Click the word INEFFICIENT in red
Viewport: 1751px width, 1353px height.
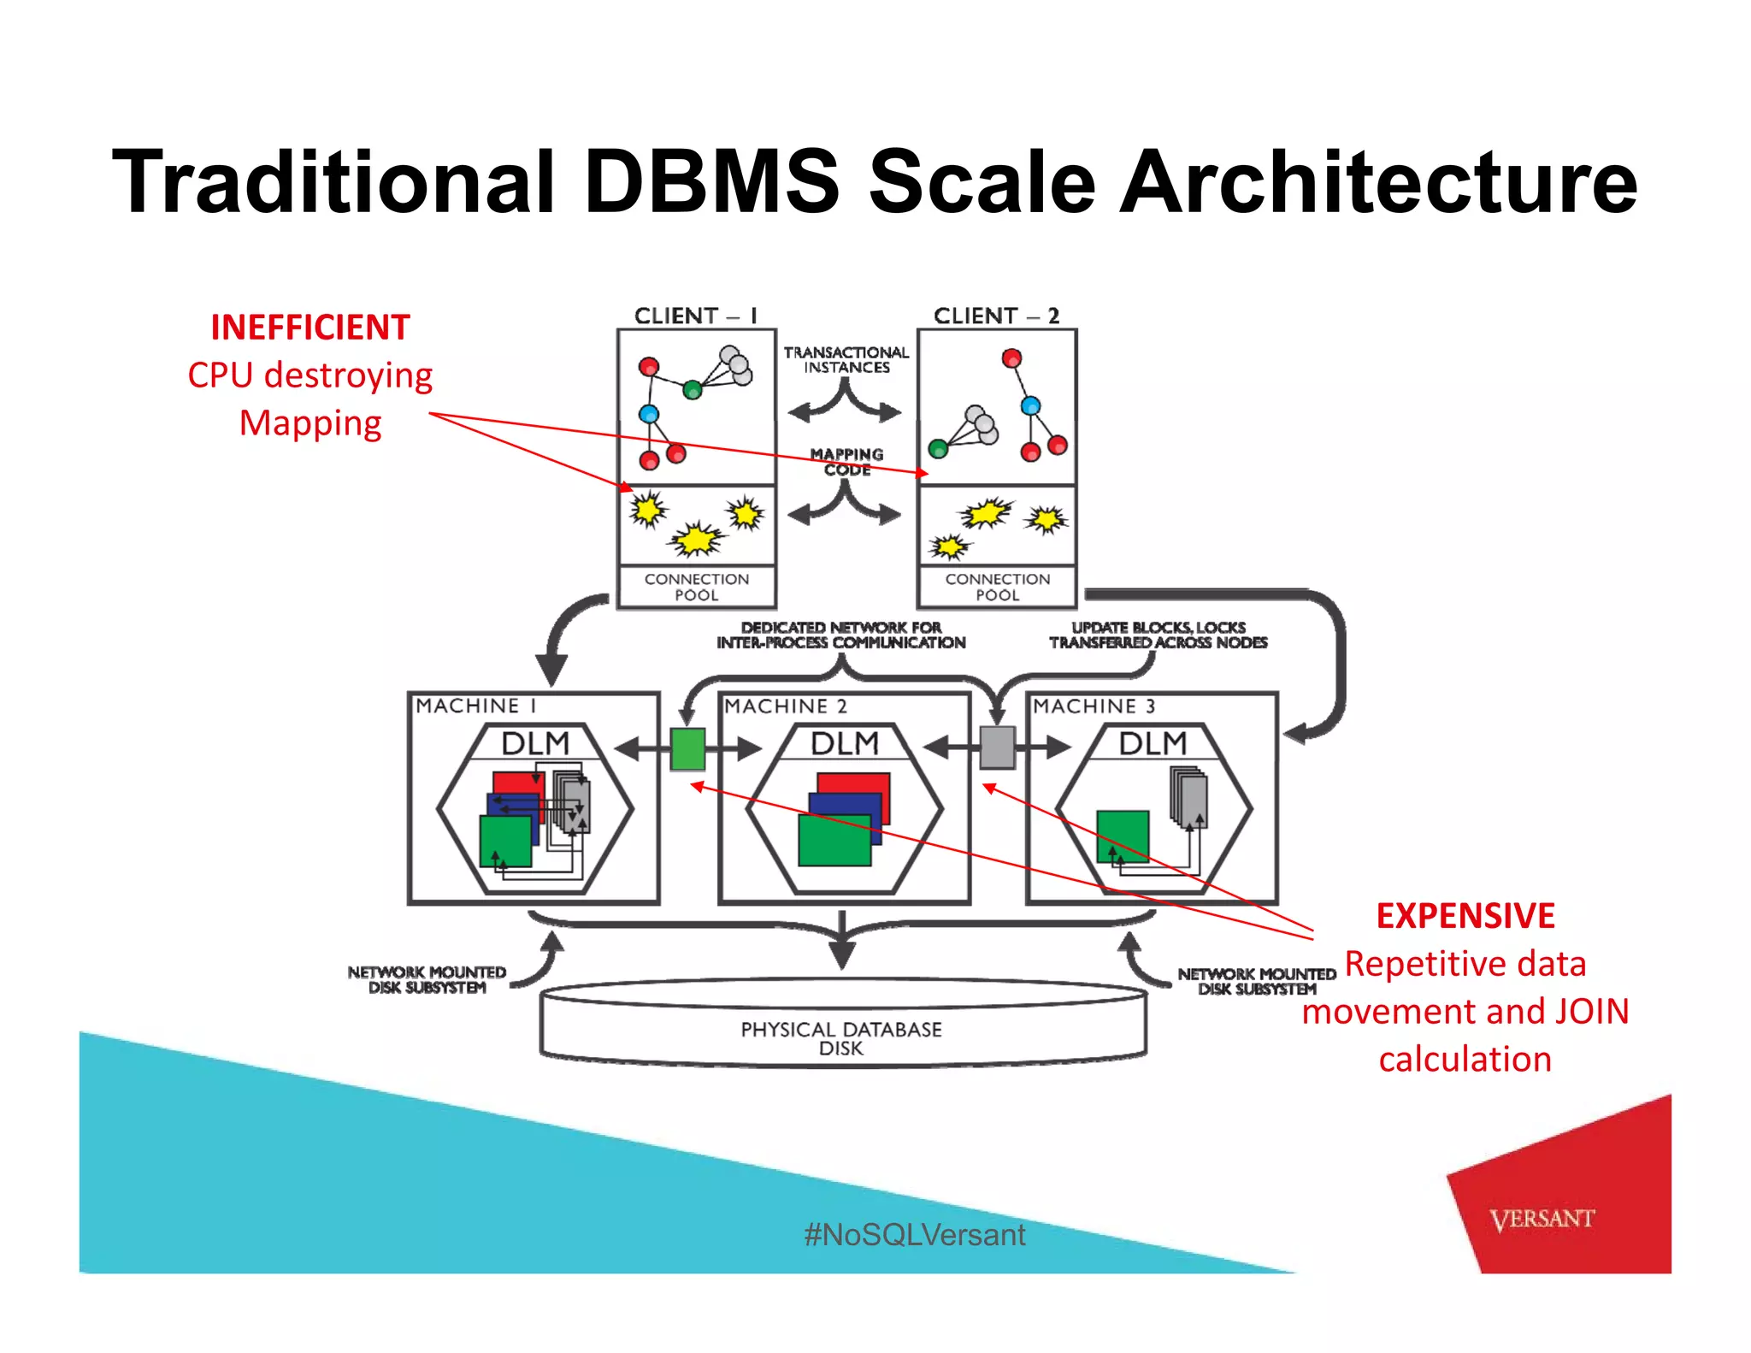[x=310, y=328]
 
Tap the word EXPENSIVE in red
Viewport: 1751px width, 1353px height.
[x=1465, y=916]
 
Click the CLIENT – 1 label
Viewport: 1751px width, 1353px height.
[x=695, y=316]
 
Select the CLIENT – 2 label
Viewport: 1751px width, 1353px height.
[x=996, y=316]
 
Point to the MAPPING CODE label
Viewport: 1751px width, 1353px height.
[x=846, y=462]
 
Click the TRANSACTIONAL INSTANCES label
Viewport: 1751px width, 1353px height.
[x=846, y=360]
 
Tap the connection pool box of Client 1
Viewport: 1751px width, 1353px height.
[x=697, y=587]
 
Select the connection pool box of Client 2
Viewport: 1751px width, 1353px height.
[x=997, y=587]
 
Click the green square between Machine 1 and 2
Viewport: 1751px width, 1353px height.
[x=687, y=749]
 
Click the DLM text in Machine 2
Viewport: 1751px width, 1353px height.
[x=844, y=743]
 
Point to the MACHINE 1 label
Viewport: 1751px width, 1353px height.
[x=476, y=706]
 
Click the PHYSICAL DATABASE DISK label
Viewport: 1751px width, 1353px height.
[x=841, y=1038]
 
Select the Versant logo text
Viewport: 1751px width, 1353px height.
[x=1542, y=1219]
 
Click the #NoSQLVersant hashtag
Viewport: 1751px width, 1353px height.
[x=914, y=1234]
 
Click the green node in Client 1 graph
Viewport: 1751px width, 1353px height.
[x=693, y=391]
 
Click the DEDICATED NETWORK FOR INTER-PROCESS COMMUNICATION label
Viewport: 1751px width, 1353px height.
[x=841, y=635]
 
